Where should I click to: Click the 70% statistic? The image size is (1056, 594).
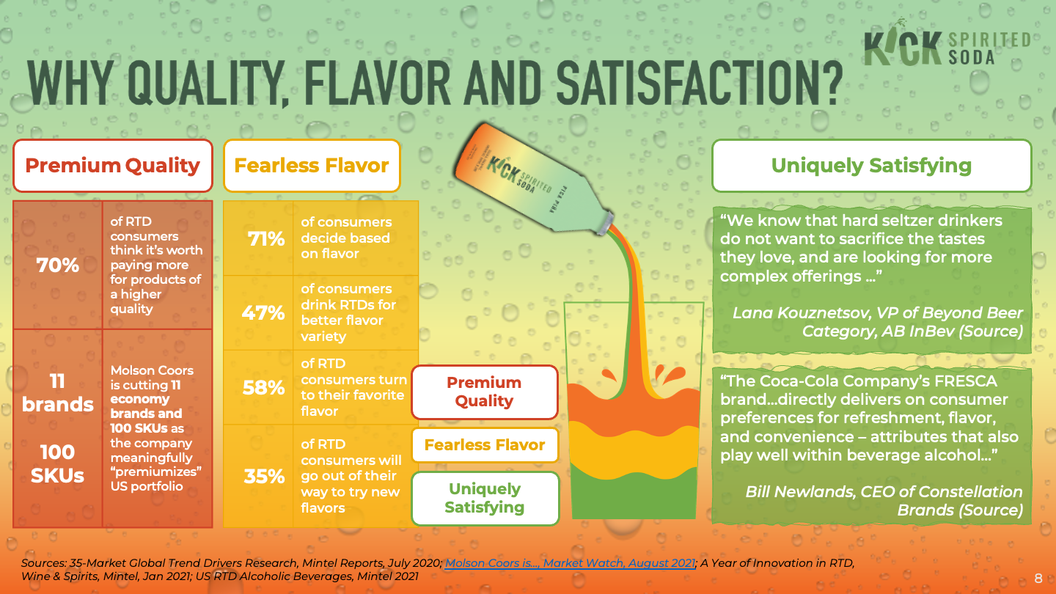(x=58, y=265)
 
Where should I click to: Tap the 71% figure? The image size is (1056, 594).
(x=265, y=238)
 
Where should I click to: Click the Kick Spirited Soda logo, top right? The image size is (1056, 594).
(x=947, y=48)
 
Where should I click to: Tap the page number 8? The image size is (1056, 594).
(x=1038, y=578)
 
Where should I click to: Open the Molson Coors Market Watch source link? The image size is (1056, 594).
(x=570, y=563)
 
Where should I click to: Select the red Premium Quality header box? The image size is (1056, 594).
(x=113, y=166)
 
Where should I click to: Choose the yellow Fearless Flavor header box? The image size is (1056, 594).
(x=312, y=166)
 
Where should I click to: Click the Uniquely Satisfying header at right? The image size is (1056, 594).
(x=871, y=166)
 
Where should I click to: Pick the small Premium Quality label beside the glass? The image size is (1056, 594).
(x=484, y=392)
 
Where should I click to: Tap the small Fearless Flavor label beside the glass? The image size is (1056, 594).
(x=484, y=445)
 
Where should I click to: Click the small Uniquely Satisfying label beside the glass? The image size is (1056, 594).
(x=484, y=498)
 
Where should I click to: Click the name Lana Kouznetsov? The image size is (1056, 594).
(x=813, y=313)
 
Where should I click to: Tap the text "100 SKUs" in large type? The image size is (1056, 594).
(x=58, y=463)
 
